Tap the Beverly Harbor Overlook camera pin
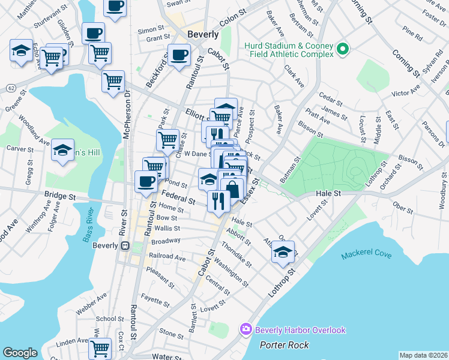point(246,329)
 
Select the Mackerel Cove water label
point(366,255)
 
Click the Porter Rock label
point(285,344)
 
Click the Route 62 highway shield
point(11,88)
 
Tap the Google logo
point(20,353)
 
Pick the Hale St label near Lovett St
point(328,193)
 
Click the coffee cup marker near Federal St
point(145,181)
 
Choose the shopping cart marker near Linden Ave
point(100,347)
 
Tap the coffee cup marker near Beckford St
point(179,55)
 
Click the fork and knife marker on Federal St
point(218,200)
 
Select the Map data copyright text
point(423,355)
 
